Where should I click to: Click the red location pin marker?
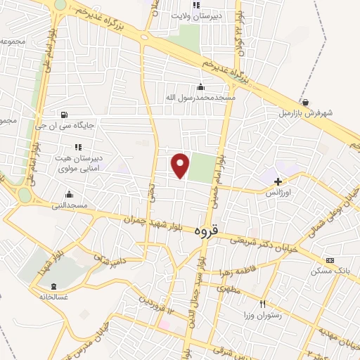click(x=181, y=165)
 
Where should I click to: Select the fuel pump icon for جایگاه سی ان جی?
click(x=65, y=115)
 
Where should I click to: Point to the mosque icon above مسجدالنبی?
click(x=69, y=195)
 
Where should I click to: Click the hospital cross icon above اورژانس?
click(x=278, y=181)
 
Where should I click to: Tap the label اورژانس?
click(x=278, y=191)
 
